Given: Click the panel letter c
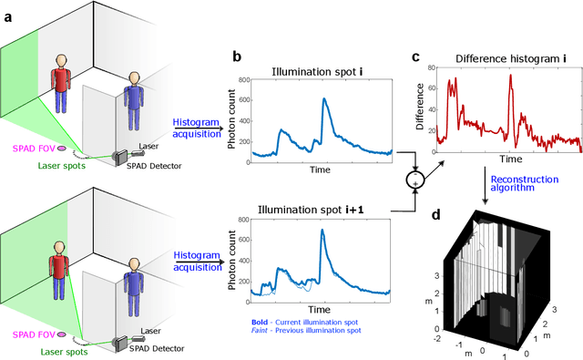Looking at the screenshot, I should coord(415,57).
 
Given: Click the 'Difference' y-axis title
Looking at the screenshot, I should coord(421,108).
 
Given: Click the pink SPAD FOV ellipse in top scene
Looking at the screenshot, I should coord(61,147).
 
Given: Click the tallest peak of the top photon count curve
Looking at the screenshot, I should coord(322,99).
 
